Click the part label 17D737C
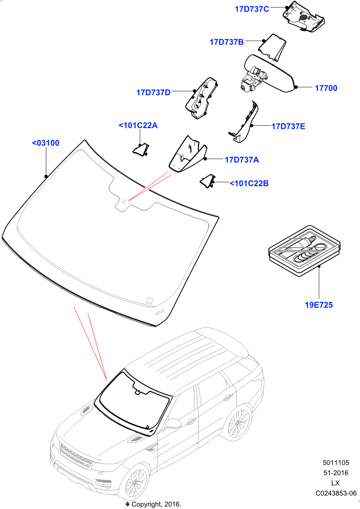tap(252, 9)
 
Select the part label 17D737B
tap(226, 42)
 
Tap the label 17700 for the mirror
tap(326, 88)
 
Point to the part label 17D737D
tap(153, 93)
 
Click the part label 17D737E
tap(288, 127)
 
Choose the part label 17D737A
tap(242, 159)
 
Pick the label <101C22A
tap(138, 125)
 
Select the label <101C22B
tap(249, 183)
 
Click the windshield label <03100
tap(46, 143)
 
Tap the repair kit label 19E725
tap(319, 305)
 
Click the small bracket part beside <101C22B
tap(207, 181)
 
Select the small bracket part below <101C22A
tap(141, 149)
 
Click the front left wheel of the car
tap(135, 482)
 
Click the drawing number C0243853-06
tap(336, 494)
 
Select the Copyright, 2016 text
tap(153, 504)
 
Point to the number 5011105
tap(336, 463)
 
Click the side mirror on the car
tap(173, 423)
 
